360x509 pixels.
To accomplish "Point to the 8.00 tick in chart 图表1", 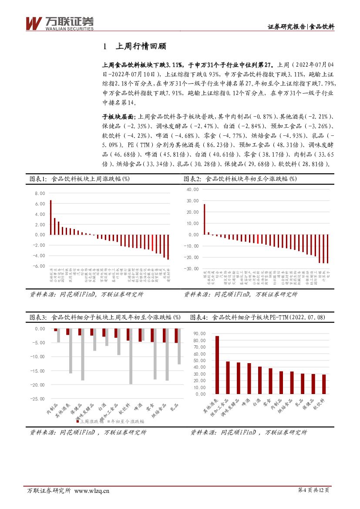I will (x=39, y=193).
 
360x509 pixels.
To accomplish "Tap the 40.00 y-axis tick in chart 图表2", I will (x=192, y=189).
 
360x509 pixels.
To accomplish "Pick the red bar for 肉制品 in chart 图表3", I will (x=55, y=330).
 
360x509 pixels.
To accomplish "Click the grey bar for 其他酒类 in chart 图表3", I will (x=71, y=351).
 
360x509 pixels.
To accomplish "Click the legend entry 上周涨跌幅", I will (x=91, y=421).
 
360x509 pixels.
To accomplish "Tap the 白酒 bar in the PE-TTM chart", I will (x=259, y=380).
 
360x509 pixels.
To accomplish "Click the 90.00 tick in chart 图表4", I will (x=200, y=334).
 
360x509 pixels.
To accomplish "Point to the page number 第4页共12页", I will (x=313, y=490).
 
